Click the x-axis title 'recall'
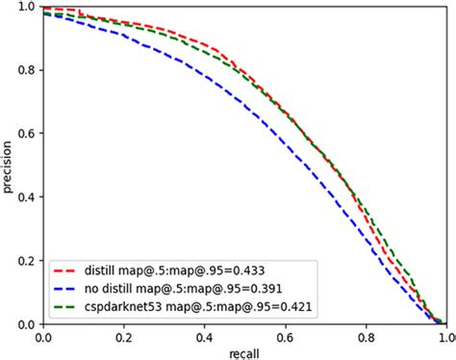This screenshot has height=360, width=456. tap(244, 351)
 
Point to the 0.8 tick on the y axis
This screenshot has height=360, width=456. tap(26, 70)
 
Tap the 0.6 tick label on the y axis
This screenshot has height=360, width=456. tap(26, 134)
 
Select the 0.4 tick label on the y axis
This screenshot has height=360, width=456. tap(26, 197)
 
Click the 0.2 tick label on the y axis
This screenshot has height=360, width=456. tap(26, 261)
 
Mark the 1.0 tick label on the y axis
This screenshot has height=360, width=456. tap(26, 8)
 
